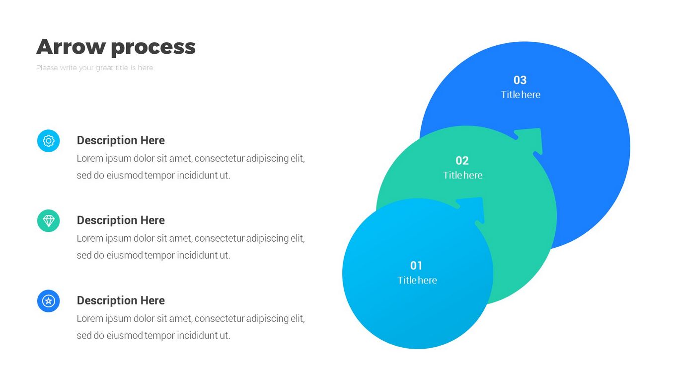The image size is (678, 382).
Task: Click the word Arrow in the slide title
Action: [71, 47]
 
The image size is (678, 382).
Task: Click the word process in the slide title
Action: [153, 48]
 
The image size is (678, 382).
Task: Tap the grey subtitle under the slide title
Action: [94, 68]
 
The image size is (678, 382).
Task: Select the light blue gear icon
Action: [49, 141]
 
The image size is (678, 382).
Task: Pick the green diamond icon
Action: [49, 221]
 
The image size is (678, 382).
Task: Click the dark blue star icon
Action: [49, 301]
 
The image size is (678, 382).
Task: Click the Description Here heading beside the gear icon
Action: [121, 140]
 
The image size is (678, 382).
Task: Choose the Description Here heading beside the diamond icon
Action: [121, 220]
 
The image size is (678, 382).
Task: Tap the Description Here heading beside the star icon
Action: [121, 300]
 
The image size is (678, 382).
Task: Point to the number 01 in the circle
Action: [416, 266]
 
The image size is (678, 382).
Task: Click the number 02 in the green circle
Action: [462, 161]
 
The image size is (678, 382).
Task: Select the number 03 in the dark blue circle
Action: [520, 80]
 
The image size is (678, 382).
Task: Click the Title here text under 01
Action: [417, 280]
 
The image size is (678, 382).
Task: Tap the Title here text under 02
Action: [462, 175]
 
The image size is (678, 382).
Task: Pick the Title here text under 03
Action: [521, 95]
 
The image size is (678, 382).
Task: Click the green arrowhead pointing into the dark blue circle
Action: [531, 140]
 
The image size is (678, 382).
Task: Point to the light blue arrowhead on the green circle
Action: [473, 209]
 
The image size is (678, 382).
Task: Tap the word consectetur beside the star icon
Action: [220, 319]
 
